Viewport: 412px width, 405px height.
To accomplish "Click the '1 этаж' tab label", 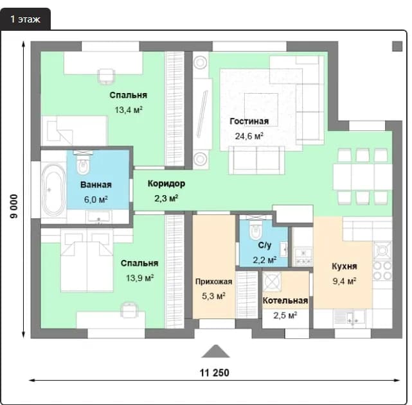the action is (25, 19).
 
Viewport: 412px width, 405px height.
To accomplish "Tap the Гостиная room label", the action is (249, 121).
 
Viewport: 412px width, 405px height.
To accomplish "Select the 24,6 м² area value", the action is (249, 136).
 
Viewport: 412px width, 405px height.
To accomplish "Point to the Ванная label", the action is (96, 185).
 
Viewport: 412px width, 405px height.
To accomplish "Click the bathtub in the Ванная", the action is (54, 189).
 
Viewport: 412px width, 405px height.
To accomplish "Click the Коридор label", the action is (166, 184).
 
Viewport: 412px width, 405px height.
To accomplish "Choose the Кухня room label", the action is (345, 266).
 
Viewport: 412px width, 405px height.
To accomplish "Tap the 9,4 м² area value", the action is (345, 281).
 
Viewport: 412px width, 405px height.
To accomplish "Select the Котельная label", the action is (285, 300).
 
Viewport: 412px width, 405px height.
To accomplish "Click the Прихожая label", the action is (213, 282).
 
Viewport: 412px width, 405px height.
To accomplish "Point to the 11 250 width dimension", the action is (215, 373).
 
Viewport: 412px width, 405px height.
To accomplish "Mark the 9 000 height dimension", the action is (14, 206).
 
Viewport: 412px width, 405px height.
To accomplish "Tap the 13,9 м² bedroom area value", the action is (139, 278).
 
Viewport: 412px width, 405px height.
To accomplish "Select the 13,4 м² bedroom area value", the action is (129, 110).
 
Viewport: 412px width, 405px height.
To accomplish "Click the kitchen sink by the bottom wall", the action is (349, 318).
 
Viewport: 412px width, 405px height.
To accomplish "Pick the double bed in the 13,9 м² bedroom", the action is (87, 260).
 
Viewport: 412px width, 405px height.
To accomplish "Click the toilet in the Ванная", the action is (83, 163).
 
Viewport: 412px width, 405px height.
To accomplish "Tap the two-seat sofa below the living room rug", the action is (256, 160).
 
